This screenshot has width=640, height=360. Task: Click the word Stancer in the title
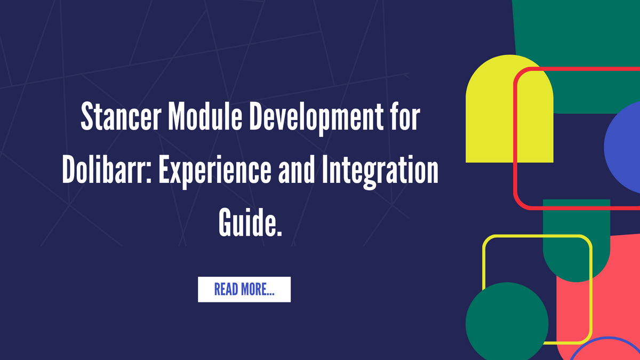click(121, 116)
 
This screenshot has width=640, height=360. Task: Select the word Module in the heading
click(205, 116)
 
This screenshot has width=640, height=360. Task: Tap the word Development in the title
click(316, 118)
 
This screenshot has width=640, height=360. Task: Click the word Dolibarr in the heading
click(105, 169)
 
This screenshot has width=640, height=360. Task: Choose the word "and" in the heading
click(297, 169)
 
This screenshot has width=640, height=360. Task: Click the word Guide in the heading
click(247, 222)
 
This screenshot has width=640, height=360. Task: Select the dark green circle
click(507, 323)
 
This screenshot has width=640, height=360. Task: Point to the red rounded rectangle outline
click(515, 139)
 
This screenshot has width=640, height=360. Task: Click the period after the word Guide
click(279, 234)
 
